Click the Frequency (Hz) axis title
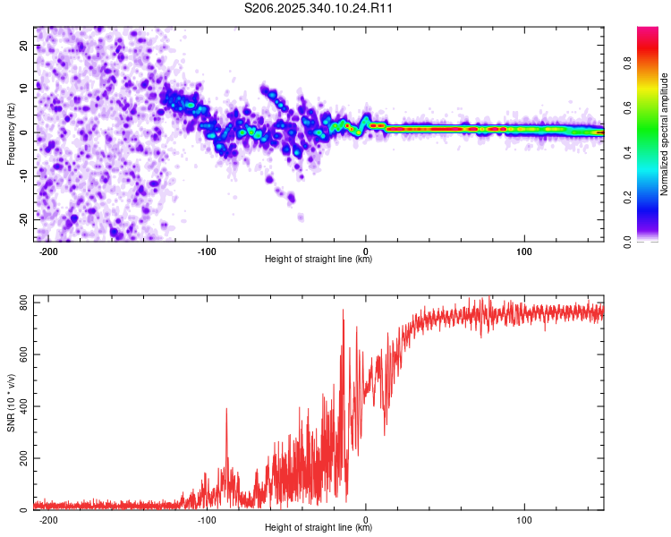pyautogui.click(x=11, y=133)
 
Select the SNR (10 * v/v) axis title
pyautogui.click(x=11, y=402)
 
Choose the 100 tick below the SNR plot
pyautogui.click(x=524, y=519)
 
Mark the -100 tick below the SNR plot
pyautogui.click(x=207, y=519)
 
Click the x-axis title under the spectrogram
pyautogui.click(x=319, y=260)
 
